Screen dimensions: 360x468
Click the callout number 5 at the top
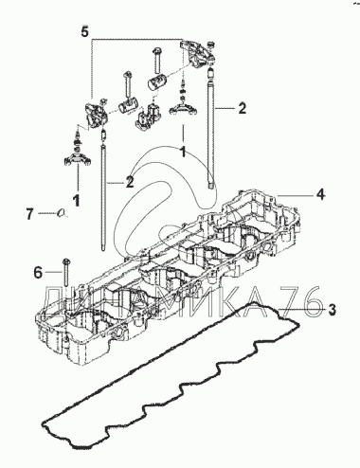(x=84, y=31)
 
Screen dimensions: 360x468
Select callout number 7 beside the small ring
(x=29, y=215)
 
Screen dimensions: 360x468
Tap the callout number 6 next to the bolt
(x=38, y=272)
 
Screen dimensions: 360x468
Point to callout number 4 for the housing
(x=321, y=194)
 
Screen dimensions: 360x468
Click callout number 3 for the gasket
(x=332, y=310)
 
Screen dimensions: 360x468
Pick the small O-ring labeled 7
(x=62, y=214)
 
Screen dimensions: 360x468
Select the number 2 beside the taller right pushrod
(x=242, y=108)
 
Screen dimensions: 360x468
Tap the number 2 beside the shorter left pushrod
(x=130, y=182)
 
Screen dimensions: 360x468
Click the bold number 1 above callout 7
(x=76, y=201)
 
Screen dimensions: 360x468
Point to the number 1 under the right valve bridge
(x=182, y=153)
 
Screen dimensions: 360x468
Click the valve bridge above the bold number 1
(x=78, y=159)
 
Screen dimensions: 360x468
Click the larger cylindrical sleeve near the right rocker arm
(x=157, y=81)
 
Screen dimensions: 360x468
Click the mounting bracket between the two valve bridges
(x=146, y=116)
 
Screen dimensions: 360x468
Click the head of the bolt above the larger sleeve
(x=157, y=51)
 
